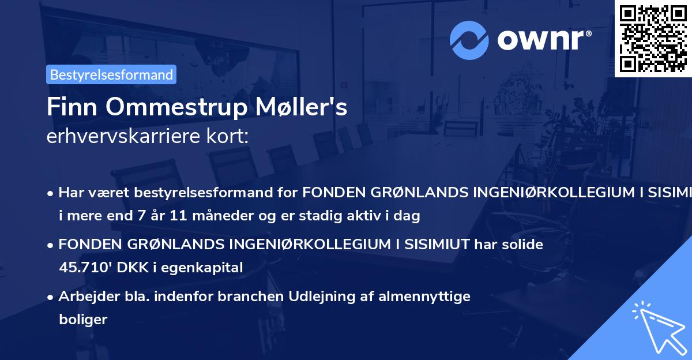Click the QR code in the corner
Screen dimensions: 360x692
(x=653, y=38)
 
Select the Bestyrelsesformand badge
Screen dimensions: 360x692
(x=111, y=74)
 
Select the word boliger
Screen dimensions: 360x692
(x=83, y=319)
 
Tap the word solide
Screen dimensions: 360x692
(x=522, y=244)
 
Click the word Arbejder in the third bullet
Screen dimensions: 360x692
(x=85, y=297)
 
